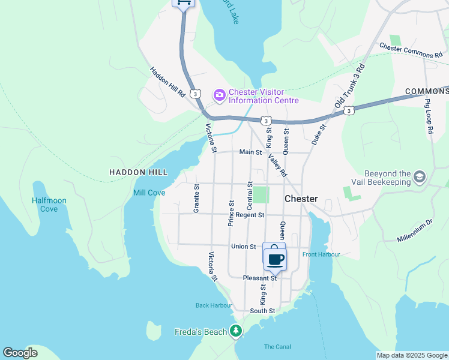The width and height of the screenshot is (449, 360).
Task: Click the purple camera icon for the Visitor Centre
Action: pos(219,95)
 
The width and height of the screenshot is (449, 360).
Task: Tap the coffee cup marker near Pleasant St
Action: pos(276,259)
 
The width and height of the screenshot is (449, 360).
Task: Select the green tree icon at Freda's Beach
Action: pos(237,331)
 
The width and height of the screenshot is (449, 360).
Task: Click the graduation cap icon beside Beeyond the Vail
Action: pos(419,176)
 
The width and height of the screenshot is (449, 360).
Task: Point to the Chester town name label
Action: pos(301,199)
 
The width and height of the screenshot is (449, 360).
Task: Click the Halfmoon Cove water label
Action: pos(49,205)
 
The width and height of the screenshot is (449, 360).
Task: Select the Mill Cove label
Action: pos(149,193)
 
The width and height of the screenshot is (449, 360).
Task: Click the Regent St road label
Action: pos(250,215)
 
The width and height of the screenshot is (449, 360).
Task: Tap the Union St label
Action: pos(244,247)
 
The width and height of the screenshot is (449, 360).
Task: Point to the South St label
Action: pos(262,311)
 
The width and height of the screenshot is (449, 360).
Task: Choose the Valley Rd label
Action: pos(277,165)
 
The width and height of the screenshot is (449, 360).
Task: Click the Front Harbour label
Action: pos(321,254)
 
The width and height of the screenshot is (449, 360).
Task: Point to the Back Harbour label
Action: pos(214,305)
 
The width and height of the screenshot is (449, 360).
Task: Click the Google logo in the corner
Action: pos(20,353)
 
